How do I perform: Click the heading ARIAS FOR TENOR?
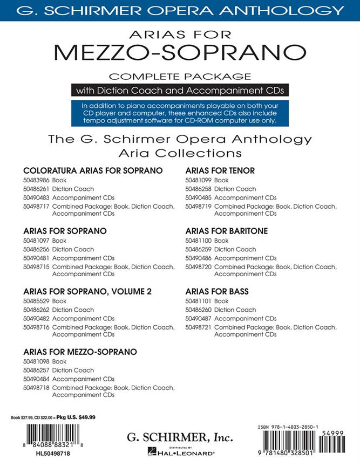point(212,170)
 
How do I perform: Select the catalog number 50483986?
point(36,180)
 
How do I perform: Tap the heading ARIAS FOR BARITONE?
point(219,231)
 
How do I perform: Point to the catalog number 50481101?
point(198,301)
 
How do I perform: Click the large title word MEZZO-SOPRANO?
point(180,53)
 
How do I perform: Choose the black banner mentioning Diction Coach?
point(179,90)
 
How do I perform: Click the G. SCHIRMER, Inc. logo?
point(179,436)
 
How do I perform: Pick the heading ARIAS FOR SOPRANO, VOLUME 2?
point(87,291)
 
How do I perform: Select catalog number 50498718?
point(36,388)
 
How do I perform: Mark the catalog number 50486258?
point(198,189)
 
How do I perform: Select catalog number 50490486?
point(198,258)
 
